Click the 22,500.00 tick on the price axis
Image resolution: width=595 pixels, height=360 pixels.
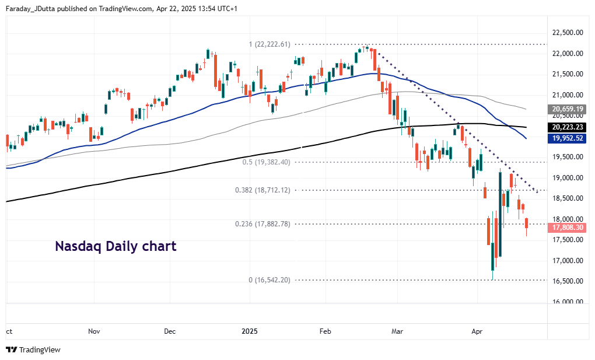click(568, 33)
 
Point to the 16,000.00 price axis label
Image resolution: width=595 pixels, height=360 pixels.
click(568, 302)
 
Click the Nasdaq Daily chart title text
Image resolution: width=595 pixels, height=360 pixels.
click(116, 246)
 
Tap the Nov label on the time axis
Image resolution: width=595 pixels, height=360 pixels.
click(94, 331)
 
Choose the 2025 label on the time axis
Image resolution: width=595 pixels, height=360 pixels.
click(250, 331)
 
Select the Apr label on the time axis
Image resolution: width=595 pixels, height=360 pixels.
click(477, 331)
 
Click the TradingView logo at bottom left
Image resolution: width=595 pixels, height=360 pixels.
click(33, 349)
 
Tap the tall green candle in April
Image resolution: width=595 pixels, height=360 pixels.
click(501, 213)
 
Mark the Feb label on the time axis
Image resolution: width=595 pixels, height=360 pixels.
click(325, 331)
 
